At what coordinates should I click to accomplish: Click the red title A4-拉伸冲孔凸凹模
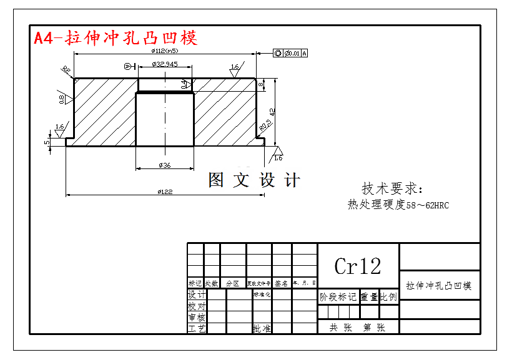tap(116, 38)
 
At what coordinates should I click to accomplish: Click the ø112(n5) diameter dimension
tap(165, 51)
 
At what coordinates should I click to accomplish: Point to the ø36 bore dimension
tap(165, 165)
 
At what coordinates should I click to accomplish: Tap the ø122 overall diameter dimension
tap(165, 191)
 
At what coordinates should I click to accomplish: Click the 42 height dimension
tap(272, 111)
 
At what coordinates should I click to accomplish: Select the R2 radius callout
tap(66, 70)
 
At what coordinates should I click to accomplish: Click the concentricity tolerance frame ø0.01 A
tap(291, 54)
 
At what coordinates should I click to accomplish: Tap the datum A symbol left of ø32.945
tap(128, 66)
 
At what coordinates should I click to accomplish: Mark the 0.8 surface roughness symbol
tap(62, 98)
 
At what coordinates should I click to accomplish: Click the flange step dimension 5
tap(47, 142)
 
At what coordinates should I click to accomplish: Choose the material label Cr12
tap(357, 266)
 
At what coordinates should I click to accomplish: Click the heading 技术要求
tap(392, 188)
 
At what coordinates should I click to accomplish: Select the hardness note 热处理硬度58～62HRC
tap(398, 205)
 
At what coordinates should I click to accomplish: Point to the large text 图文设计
tap(254, 180)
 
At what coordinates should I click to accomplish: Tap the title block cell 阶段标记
tap(338, 297)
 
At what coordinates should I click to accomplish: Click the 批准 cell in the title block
tap(262, 328)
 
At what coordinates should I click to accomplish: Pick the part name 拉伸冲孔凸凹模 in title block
tap(439, 286)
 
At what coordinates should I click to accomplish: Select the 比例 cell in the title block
tap(388, 297)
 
